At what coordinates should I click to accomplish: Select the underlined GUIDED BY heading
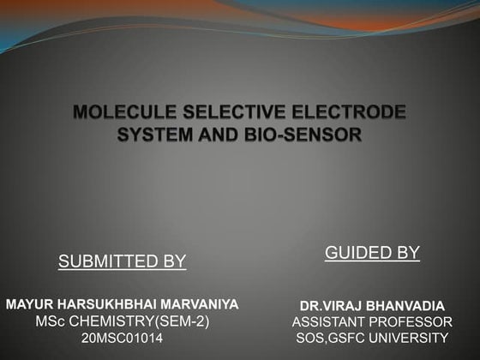(372, 252)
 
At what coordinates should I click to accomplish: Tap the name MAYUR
(31, 304)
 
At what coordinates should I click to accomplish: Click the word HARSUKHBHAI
(110, 304)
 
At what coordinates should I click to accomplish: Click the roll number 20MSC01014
(122, 339)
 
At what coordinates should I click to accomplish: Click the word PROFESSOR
(411, 322)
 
